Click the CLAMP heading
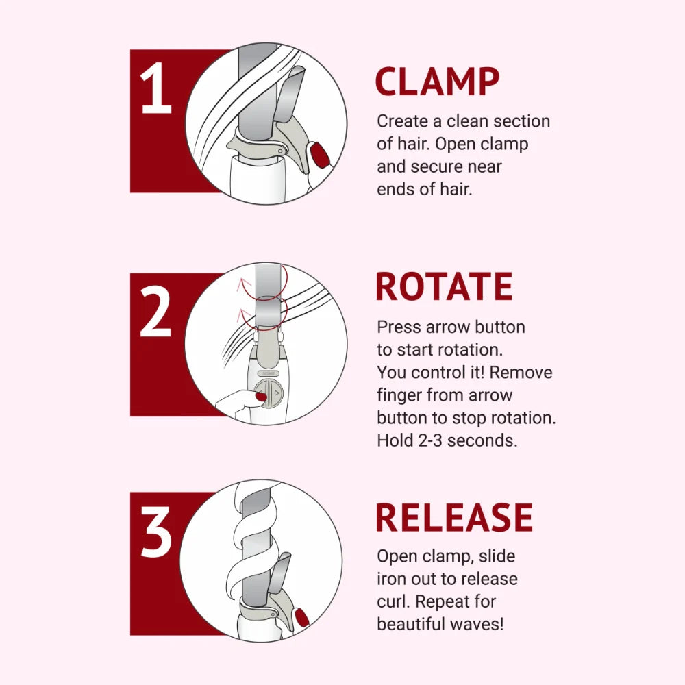(437, 82)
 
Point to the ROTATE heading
(444, 287)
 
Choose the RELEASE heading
(454, 518)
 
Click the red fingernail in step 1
(319, 154)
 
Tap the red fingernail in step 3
(301, 616)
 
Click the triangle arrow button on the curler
(276, 394)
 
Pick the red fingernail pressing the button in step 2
(260, 395)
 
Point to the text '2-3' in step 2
(433, 440)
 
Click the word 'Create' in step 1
(403, 121)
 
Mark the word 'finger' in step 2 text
(399, 395)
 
